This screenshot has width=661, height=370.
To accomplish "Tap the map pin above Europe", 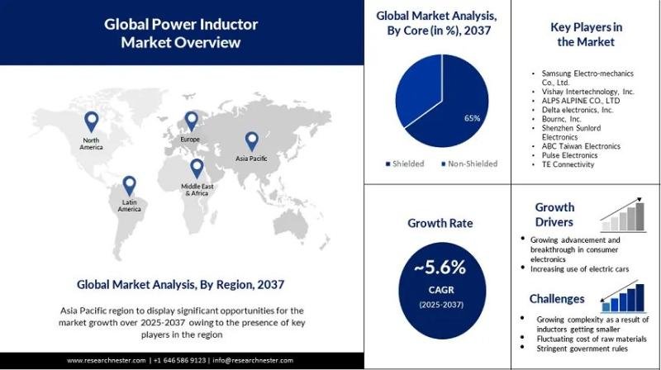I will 191,121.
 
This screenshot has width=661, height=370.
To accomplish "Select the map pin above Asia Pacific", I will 252,141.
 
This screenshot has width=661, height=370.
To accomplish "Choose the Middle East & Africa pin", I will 196,168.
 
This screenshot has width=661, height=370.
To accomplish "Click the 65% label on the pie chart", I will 473,118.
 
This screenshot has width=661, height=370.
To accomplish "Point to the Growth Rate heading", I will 439,222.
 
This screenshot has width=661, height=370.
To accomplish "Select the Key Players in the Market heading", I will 586,34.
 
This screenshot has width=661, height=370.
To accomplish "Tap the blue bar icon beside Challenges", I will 625,294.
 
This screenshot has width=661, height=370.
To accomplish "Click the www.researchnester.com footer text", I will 107,361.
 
